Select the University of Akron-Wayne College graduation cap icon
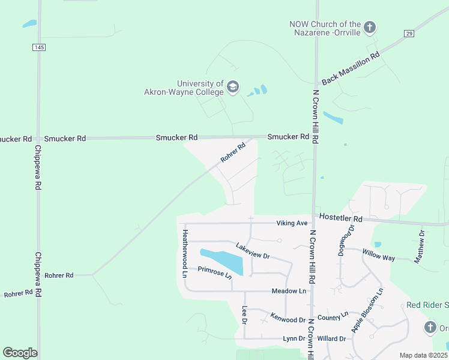pos(233,88)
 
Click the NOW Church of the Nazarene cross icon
pos(370,27)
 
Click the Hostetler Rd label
pos(341,218)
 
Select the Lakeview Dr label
pos(253,250)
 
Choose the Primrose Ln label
pos(214,272)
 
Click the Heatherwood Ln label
pos(185,253)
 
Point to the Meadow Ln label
pos(289,291)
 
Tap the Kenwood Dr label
pos(288,316)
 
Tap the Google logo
pos(20,353)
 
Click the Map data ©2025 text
pos(423,355)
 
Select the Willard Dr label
pos(331,338)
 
